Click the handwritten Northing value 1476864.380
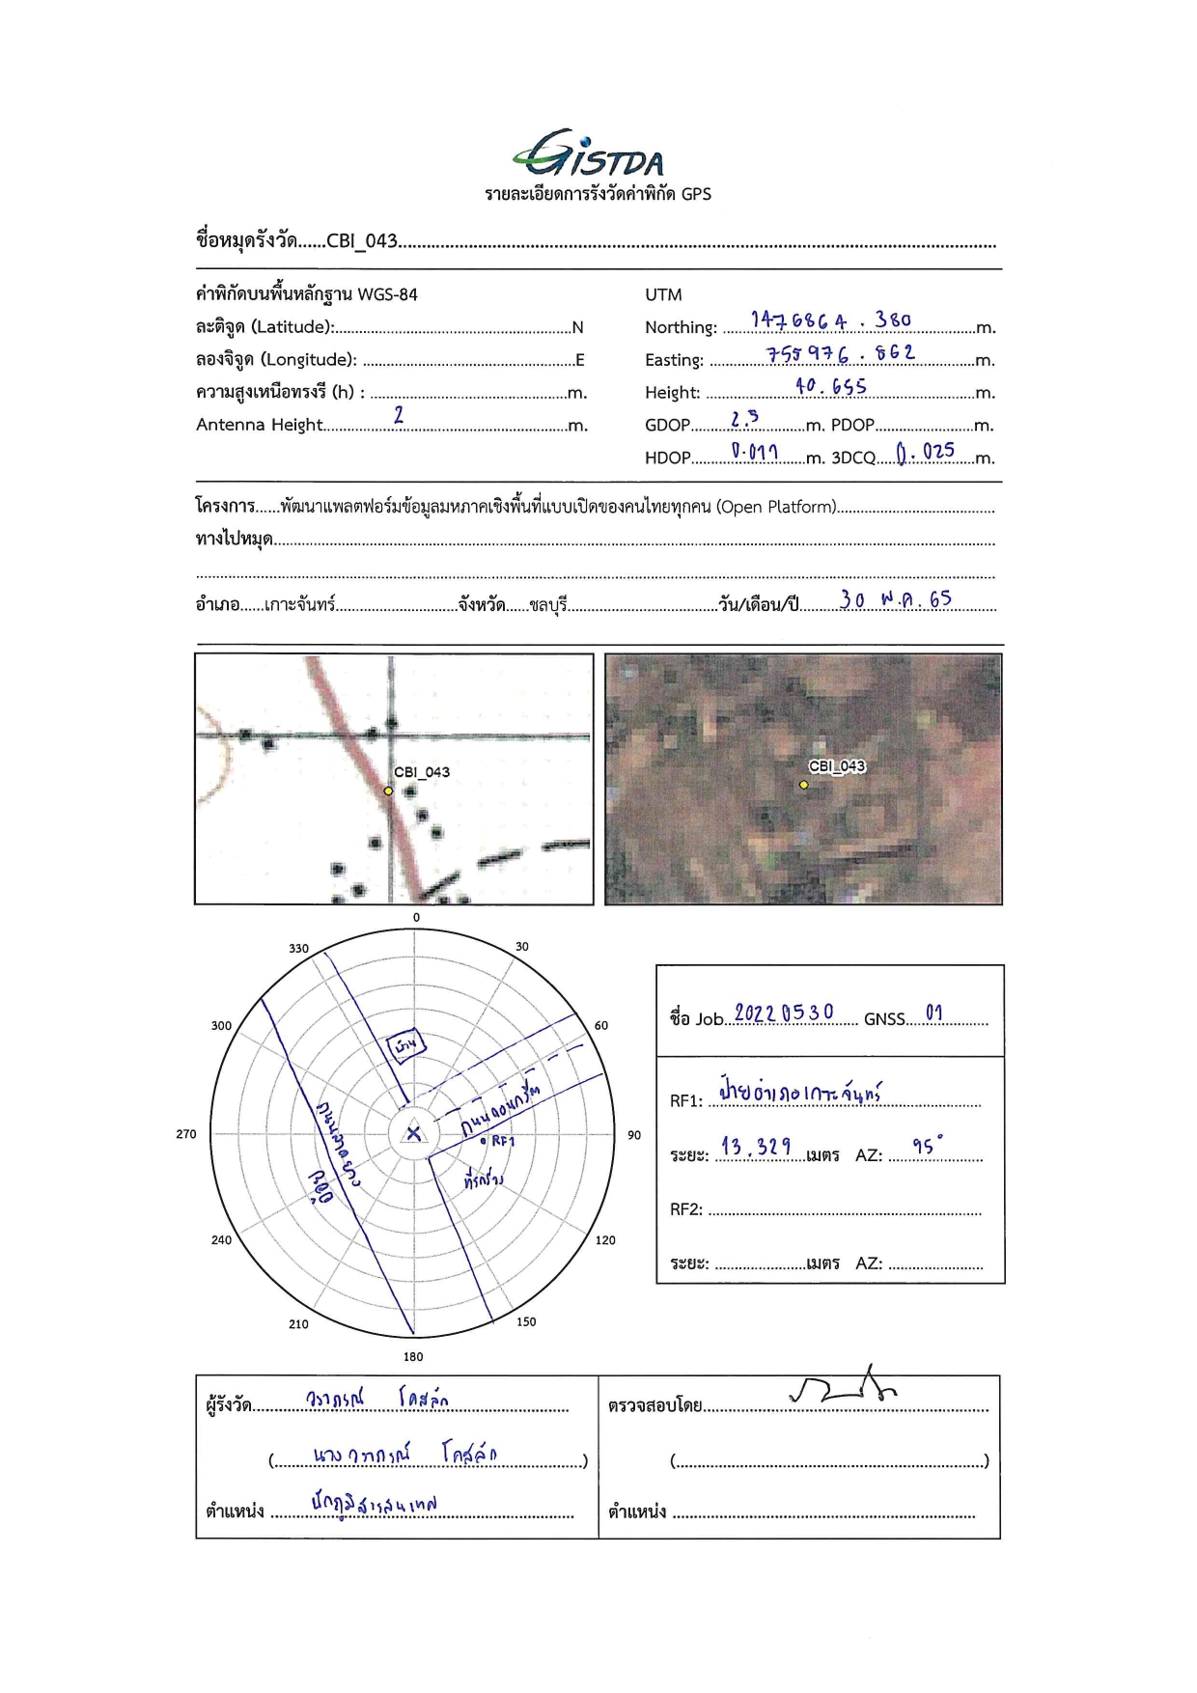coord(830,320)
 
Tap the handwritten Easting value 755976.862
coord(840,354)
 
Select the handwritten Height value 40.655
coord(830,386)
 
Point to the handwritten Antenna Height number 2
coord(399,415)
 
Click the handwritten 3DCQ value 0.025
coord(925,452)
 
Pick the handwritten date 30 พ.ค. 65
coord(895,599)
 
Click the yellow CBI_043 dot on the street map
coord(388,791)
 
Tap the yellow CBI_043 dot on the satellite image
coord(803,785)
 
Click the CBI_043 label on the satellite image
coord(837,766)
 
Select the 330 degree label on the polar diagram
coord(299,948)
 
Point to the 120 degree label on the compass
coord(605,1240)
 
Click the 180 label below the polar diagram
coord(413,1356)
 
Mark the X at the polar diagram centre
coord(414,1133)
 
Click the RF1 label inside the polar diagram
coord(503,1141)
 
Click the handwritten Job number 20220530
coord(784,1013)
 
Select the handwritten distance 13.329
coord(756,1147)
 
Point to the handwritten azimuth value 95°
coord(927,1146)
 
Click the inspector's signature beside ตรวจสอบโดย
coord(843,1386)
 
